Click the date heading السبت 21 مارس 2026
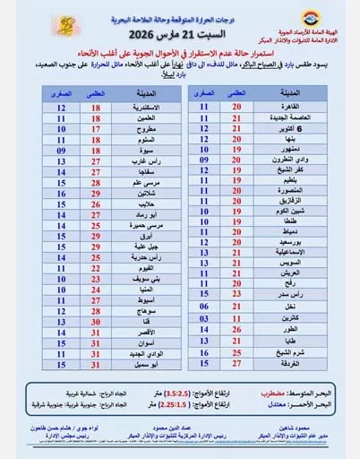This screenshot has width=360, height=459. tap(179, 35)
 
